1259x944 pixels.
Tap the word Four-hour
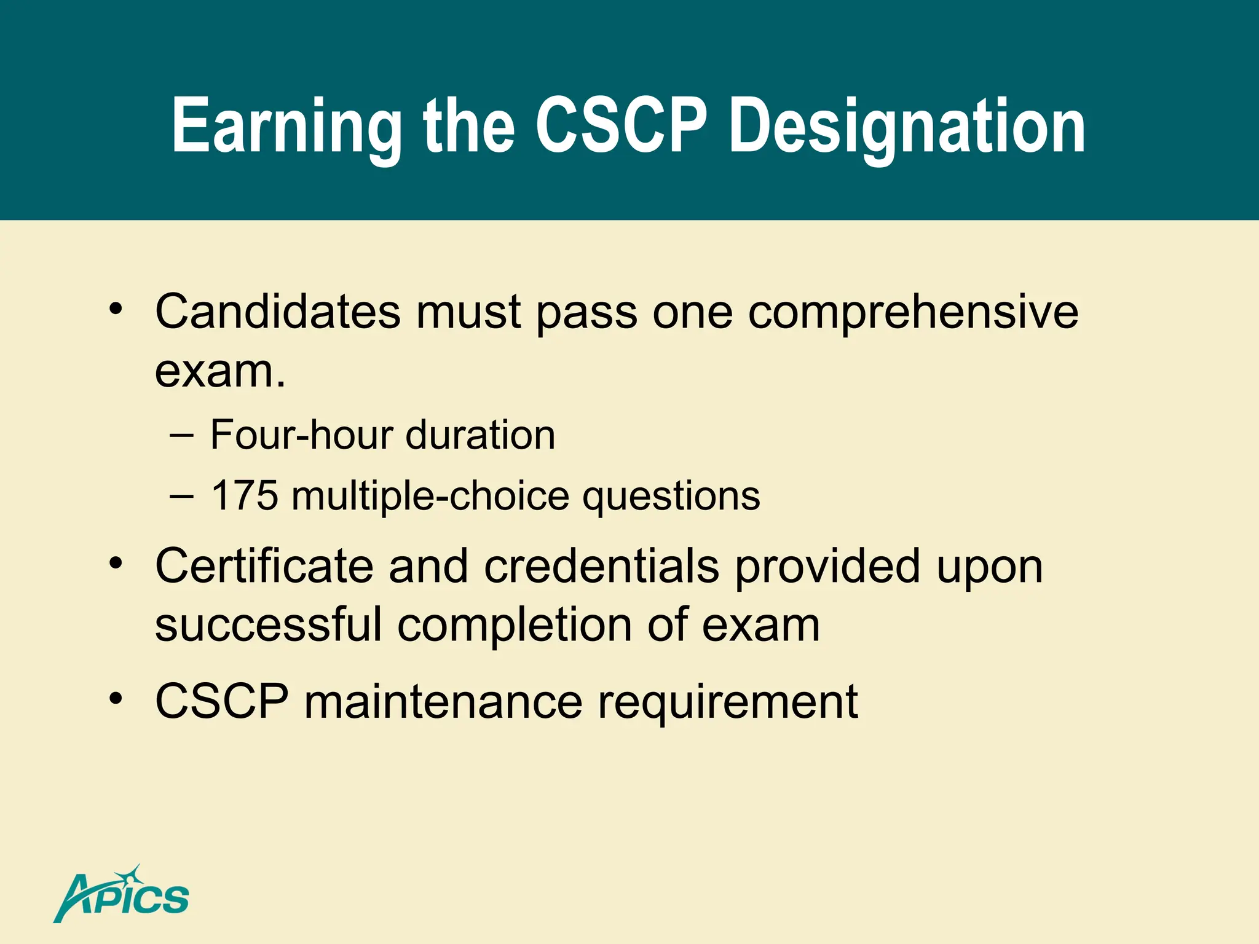(x=301, y=435)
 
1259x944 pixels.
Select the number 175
(x=244, y=495)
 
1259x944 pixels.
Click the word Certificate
(x=264, y=565)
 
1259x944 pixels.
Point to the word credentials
(x=601, y=565)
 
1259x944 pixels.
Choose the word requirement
(x=728, y=702)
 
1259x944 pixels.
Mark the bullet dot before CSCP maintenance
(x=116, y=698)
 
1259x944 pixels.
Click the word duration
(x=480, y=435)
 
